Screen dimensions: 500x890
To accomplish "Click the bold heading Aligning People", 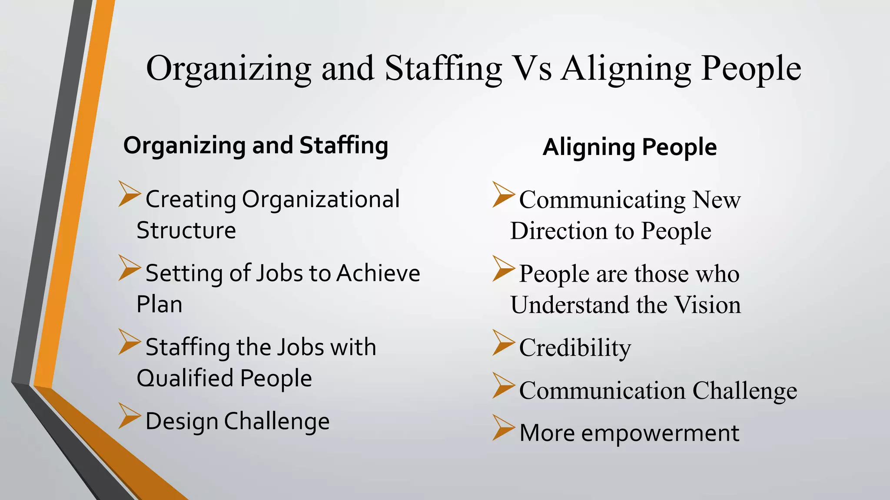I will coord(630,147).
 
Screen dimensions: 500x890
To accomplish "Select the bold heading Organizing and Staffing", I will coord(256,145).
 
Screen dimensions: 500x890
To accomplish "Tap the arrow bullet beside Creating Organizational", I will coord(129,194).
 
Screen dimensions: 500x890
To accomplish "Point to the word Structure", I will coord(186,230).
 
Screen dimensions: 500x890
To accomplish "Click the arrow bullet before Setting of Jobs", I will coord(129,267).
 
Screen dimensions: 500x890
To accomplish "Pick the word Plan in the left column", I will coord(159,304).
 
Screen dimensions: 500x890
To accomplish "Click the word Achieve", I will coord(378,273).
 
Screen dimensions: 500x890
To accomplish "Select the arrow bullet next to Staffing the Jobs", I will coord(129,342).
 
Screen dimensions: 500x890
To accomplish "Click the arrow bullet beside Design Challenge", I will coord(129,416).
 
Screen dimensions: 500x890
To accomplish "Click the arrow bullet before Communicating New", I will coord(503,194).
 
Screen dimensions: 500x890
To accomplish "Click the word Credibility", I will coord(575,348).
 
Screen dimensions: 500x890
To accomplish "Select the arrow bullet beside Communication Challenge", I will coord(503,385).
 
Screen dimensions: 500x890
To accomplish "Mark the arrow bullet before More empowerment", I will coord(503,428).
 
